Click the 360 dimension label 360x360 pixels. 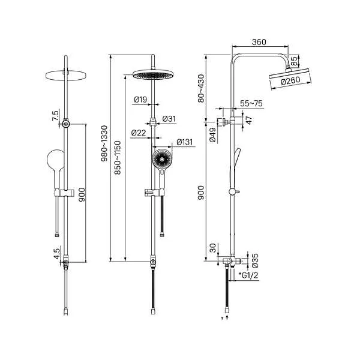click(x=259, y=42)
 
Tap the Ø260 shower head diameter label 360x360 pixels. click(x=290, y=80)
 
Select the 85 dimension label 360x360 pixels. click(x=294, y=61)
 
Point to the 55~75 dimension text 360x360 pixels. click(x=251, y=103)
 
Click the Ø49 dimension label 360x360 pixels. click(x=213, y=135)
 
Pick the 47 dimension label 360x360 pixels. click(x=248, y=120)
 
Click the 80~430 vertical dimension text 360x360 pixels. click(x=201, y=88)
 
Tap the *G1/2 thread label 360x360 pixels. click(x=248, y=275)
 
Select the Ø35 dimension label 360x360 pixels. click(x=255, y=261)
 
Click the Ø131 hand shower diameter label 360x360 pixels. click(x=185, y=142)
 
